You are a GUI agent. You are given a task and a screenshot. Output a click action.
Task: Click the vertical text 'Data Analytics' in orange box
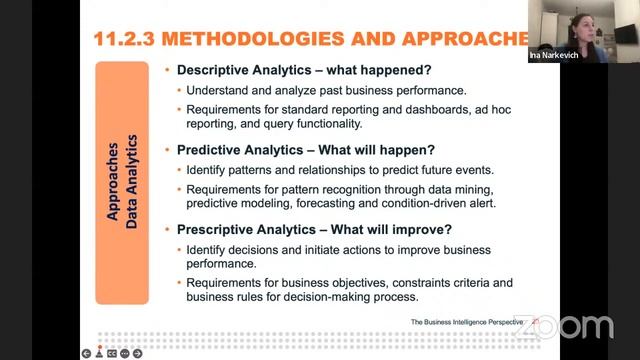click(x=131, y=180)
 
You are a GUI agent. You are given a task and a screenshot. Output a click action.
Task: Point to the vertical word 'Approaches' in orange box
click(x=112, y=180)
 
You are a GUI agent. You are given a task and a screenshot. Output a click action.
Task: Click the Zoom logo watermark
click(x=566, y=326)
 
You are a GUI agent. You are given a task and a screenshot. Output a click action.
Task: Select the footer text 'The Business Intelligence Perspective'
click(x=469, y=322)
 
